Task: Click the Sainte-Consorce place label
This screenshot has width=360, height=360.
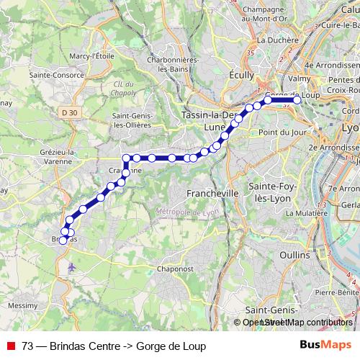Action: (54, 73)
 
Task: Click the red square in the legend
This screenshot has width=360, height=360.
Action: (12, 346)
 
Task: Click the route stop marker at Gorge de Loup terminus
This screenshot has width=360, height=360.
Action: (296, 100)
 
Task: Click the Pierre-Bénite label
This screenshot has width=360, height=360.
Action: (337, 292)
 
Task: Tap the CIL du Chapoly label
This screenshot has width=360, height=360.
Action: (125, 87)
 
